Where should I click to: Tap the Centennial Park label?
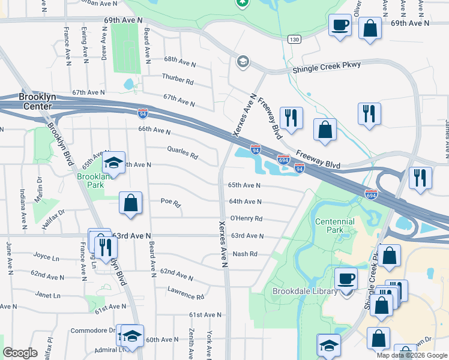click(335, 226)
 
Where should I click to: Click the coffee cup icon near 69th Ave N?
click(340, 25)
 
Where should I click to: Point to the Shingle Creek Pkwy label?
click(321, 69)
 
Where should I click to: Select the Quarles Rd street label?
click(182, 154)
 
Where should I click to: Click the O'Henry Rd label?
click(246, 218)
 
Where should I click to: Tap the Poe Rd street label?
click(170, 203)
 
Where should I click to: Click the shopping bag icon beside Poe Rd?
click(131, 203)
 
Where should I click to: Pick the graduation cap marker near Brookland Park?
click(113, 163)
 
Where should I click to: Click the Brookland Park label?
click(91, 181)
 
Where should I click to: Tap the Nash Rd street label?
click(245, 254)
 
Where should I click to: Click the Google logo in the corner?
click(20, 353)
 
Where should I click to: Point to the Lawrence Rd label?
click(185, 296)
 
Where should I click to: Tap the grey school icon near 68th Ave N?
click(243, 61)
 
